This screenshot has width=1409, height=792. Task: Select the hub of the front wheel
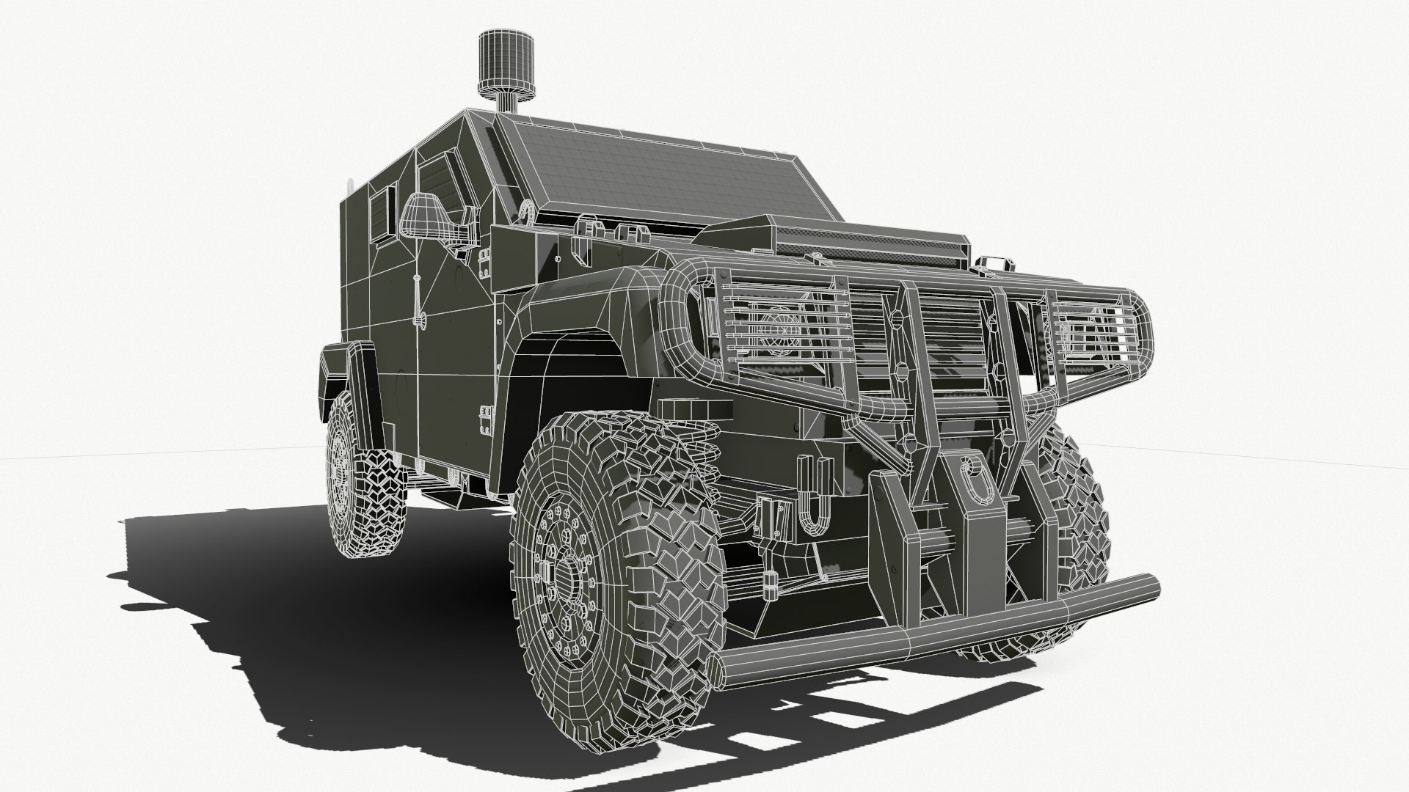pos(565,579)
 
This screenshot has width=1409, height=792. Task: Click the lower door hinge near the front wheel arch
pos(485,422)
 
